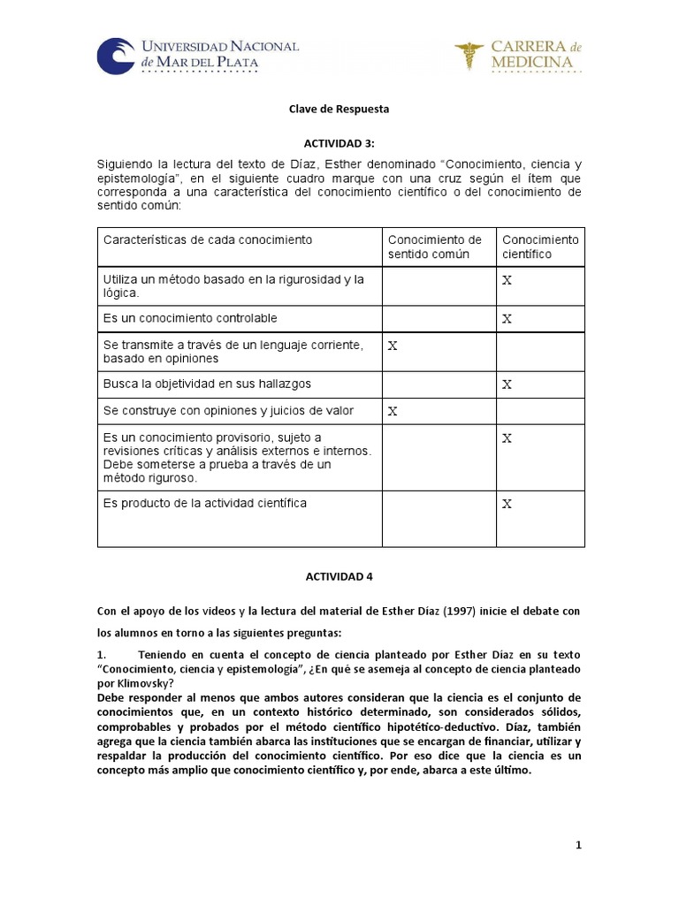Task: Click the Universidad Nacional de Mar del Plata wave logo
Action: [x=116, y=55]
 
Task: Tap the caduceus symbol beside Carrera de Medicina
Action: [x=469, y=55]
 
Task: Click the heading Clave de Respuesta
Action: [x=339, y=109]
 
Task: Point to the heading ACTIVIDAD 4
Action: [x=339, y=575]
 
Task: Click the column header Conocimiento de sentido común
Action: [x=435, y=247]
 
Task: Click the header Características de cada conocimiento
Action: [x=208, y=240]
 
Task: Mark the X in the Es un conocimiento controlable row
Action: [x=507, y=318]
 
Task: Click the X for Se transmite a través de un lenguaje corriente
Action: [x=393, y=346]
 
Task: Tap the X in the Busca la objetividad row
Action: [x=507, y=384]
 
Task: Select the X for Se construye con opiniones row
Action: [x=393, y=411]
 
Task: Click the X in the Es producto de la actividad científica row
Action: [x=507, y=504]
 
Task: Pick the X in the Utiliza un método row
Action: [x=507, y=280]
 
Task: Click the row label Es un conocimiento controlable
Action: [x=190, y=318]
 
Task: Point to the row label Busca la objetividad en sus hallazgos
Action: [x=207, y=384]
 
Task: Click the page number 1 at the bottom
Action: [x=578, y=846]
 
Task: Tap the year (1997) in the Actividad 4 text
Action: [x=476, y=611]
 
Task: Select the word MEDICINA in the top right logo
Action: [x=533, y=63]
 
